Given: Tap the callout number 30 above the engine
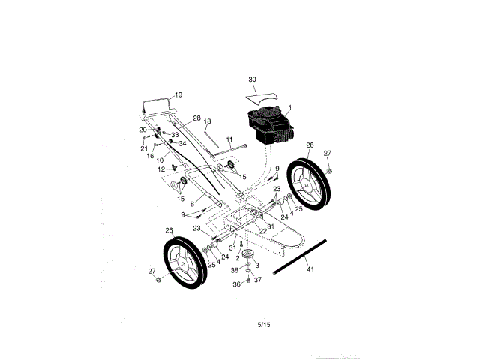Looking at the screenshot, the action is point(252,79).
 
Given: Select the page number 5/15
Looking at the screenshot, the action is point(262,324).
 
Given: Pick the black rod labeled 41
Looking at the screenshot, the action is point(300,255).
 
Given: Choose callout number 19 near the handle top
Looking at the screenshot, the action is point(178,94).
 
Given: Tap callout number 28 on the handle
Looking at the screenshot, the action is point(196,118).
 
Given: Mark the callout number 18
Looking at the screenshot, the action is point(208,121).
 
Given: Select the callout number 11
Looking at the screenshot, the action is point(229,139).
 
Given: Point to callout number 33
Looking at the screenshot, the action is point(175,135).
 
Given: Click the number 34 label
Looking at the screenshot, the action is point(182,143).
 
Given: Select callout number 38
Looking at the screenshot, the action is point(234,270).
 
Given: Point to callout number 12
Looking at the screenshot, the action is point(160,169).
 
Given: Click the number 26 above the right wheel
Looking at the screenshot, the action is point(310,145).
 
